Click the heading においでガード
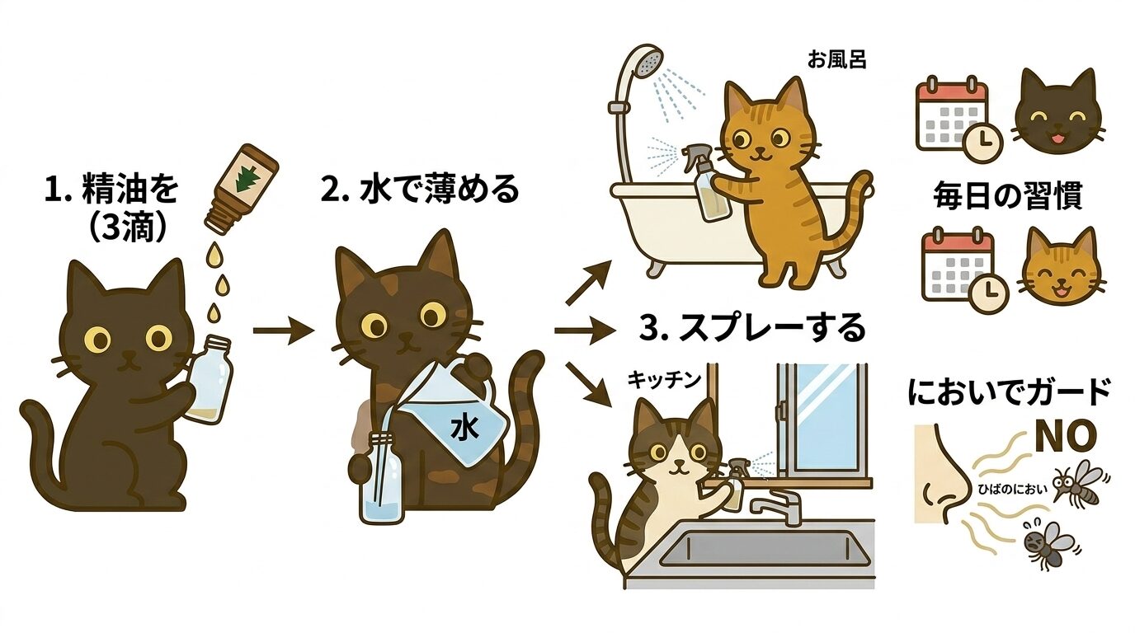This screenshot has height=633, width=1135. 1008,392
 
